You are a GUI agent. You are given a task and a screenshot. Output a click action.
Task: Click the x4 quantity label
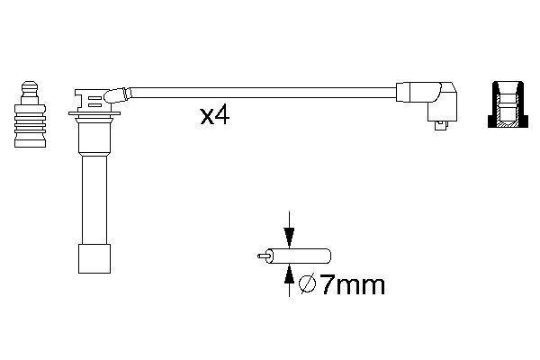215,116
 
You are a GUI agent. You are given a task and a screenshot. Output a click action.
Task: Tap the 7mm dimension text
352,285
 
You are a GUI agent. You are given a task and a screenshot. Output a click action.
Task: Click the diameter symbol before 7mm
307,284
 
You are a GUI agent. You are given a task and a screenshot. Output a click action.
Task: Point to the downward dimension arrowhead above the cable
289,238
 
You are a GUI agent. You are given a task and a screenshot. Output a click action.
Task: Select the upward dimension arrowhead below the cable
289,274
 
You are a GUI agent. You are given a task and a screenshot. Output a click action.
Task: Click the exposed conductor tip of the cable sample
263,256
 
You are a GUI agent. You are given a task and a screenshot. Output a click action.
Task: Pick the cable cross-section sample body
300,256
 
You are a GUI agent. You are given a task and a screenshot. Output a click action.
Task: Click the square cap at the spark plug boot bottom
94,258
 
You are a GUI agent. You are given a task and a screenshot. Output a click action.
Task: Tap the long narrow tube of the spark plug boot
94,200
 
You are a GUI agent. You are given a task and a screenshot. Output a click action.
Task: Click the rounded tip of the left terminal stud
30,86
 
